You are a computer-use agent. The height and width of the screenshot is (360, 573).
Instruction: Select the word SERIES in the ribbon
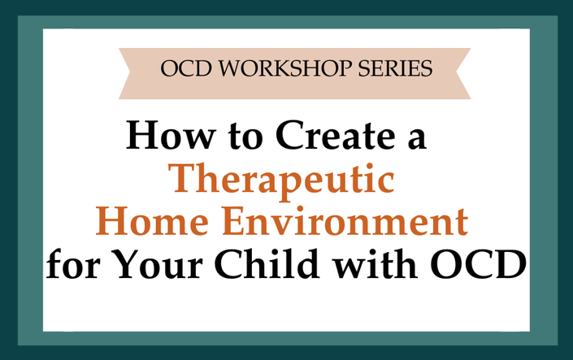(395, 68)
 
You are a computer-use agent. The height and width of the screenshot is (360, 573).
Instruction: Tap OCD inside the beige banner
(186, 68)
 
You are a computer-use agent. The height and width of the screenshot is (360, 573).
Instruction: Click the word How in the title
(171, 135)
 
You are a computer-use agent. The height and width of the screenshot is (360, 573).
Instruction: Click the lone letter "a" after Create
(417, 139)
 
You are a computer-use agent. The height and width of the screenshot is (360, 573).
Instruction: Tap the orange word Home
(152, 221)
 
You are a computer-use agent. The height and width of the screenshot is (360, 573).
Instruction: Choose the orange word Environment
(345, 221)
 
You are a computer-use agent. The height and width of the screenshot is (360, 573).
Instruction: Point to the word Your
(158, 264)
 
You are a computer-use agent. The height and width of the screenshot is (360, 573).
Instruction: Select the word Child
(267, 263)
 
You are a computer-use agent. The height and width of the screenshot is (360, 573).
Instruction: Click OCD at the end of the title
(479, 264)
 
